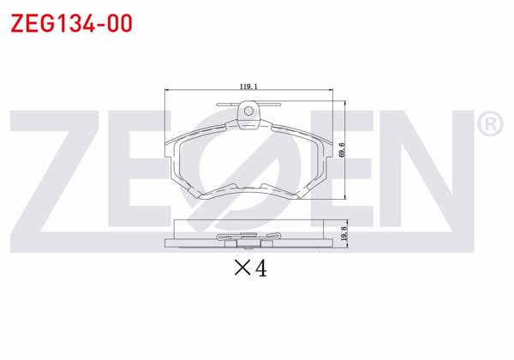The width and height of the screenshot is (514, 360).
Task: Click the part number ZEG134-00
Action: coord(70,23)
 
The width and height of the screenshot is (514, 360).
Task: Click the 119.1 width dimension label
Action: coord(249,86)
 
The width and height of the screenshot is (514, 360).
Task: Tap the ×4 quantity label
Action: coord(251,268)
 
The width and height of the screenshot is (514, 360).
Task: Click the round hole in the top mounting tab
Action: coord(250,110)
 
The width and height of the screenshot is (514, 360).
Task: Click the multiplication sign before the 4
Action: coord(241,269)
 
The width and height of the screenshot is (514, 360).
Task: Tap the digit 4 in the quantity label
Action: coord(260,268)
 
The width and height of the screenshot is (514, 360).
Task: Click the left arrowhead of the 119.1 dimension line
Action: coord(166,91)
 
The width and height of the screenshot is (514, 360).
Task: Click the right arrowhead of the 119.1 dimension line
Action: coord(333,91)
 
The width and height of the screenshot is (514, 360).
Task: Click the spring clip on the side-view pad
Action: coord(249,236)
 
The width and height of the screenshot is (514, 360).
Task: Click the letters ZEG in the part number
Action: coord(33,23)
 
